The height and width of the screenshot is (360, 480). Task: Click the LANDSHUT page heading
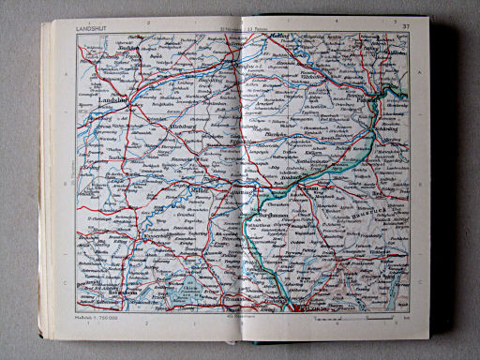point(95,29)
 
